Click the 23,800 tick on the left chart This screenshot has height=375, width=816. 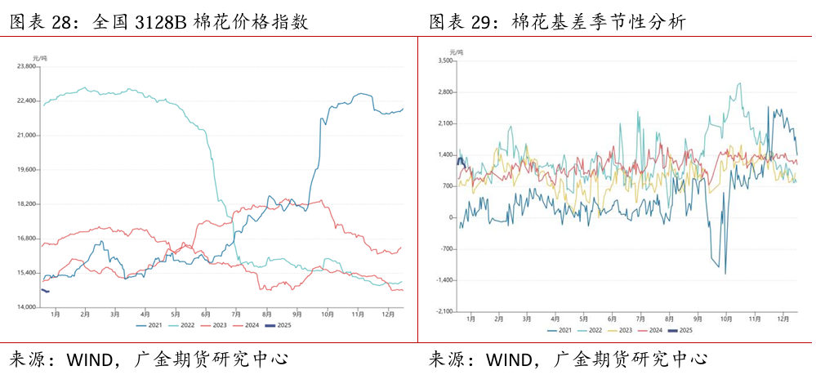coord(28,66)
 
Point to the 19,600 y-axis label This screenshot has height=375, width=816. coord(28,169)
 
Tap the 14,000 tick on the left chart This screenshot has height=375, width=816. coord(28,307)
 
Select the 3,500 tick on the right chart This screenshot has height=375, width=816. coord(445,61)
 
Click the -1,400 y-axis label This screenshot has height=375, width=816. coord(444,280)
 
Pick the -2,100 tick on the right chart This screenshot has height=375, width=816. coord(444,311)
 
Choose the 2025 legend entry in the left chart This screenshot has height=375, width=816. coord(278,325)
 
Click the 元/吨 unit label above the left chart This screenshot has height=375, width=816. coord(39,56)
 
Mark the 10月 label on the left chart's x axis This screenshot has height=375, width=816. coord(327,314)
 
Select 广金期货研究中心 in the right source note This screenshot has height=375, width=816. coord(630,359)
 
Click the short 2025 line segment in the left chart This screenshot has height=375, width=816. coord(45,291)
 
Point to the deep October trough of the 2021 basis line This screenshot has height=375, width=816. coord(725,273)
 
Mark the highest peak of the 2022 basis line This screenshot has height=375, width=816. coord(739,83)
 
